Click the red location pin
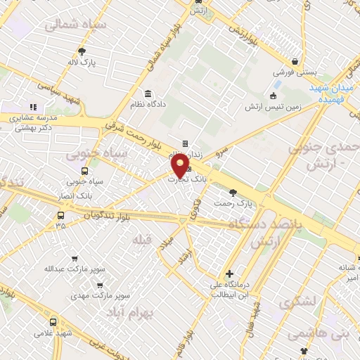[181, 165]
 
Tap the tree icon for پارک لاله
[83, 51]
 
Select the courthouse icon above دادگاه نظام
[148, 94]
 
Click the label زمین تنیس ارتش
[274, 107]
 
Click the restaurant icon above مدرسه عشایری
[32, 107]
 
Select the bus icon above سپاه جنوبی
[84, 171]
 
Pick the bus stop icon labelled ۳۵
[60, 216]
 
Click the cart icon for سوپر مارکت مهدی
[100, 285]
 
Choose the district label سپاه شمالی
[75, 26]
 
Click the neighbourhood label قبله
[141, 240]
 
